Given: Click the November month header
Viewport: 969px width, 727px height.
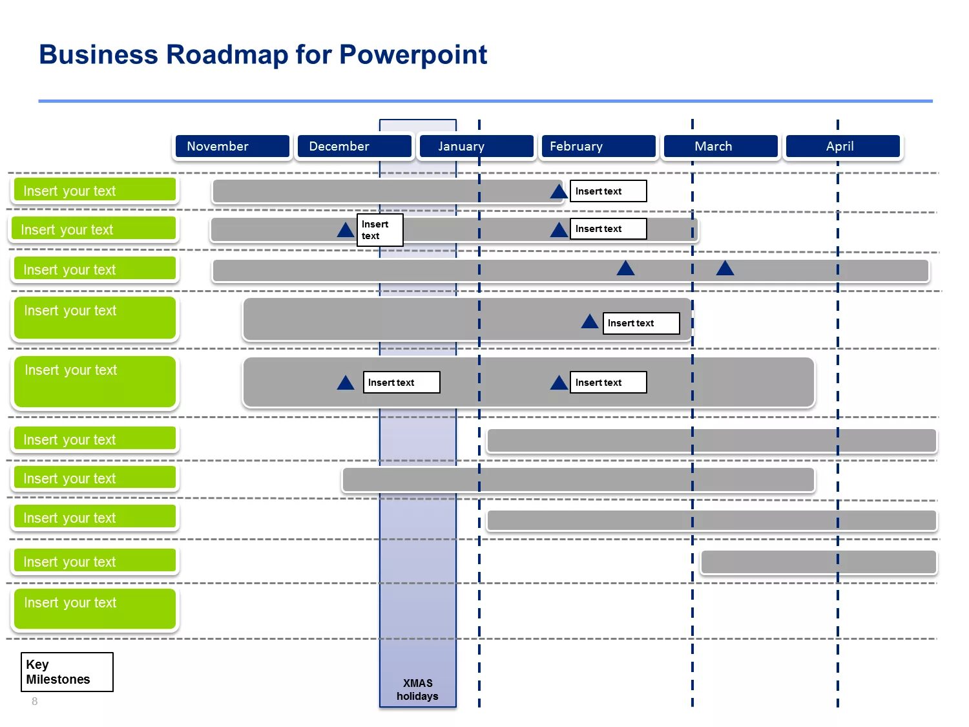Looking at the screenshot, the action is click(x=232, y=147).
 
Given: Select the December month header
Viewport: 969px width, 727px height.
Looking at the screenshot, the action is click(x=354, y=147).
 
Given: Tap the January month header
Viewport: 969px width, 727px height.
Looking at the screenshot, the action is click(x=476, y=147).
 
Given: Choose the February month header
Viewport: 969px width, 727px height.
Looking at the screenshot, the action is click(x=598, y=147).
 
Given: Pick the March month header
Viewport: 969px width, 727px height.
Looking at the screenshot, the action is click(x=720, y=147).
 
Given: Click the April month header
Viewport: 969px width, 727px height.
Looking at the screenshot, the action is click(x=842, y=147).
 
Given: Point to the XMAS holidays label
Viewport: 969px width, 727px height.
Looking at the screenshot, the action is click(x=417, y=690).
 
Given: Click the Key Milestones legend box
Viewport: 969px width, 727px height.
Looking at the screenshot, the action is click(x=67, y=672).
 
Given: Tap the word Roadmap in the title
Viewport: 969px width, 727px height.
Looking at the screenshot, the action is click(x=227, y=55).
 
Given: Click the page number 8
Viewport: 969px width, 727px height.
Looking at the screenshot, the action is click(x=35, y=701).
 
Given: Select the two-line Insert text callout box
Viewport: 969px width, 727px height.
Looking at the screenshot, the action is click(x=380, y=230).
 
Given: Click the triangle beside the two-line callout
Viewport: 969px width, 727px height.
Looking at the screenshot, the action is click(x=346, y=230).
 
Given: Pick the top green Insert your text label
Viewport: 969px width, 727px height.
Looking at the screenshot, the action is click(x=95, y=191).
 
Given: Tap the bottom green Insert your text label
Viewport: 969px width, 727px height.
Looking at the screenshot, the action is click(x=95, y=608).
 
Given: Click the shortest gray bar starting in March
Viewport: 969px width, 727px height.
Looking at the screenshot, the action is click(x=818, y=562).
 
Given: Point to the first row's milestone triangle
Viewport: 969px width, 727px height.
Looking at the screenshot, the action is click(x=559, y=192).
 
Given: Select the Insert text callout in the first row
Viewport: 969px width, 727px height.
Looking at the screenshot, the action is click(x=608, y=191).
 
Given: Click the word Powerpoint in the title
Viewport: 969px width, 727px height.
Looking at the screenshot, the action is click(x=413, y=55).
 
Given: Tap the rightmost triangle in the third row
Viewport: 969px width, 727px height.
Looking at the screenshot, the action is click(x=725, y=268).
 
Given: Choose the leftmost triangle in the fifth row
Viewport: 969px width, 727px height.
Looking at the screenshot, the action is click(x=346, y=383).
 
